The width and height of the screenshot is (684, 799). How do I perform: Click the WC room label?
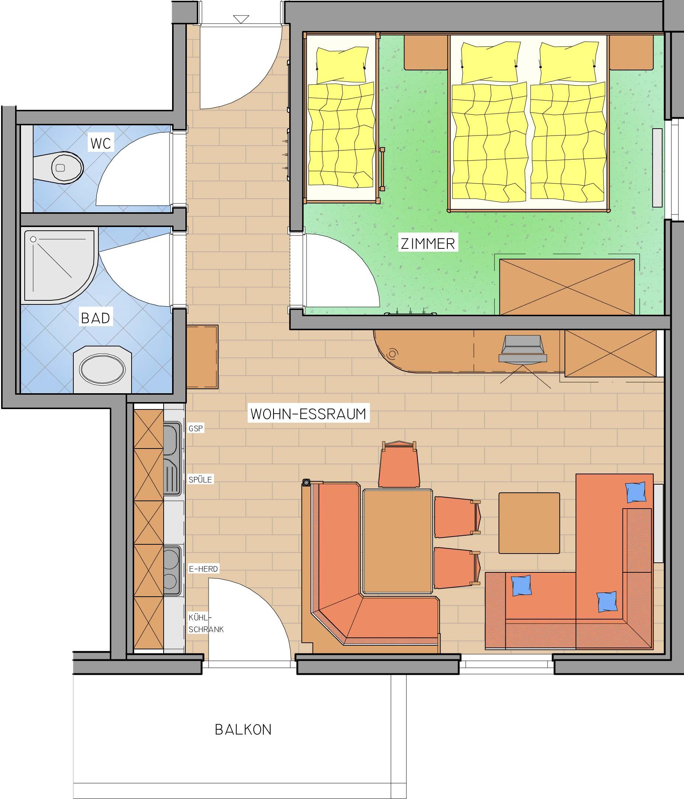pos(101,143)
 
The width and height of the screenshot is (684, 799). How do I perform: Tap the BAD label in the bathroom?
pos(95,318)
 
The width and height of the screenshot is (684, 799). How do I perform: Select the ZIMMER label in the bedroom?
pos(428,244)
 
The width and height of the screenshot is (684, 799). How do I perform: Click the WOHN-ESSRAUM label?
pos(308,414)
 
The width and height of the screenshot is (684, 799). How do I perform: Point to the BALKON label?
pos(243,730)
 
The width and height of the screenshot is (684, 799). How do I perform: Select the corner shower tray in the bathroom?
pos(59,266)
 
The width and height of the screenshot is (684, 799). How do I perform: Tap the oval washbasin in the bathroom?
pos(102,369)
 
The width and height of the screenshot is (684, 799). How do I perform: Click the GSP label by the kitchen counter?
pos(195,428)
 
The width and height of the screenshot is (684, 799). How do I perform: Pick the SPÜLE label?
pos(200,480)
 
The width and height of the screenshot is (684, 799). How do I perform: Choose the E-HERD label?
pos(203,569)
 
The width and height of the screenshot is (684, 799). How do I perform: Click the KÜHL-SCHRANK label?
pos(206,623)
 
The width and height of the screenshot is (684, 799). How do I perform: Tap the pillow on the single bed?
pos(342,64)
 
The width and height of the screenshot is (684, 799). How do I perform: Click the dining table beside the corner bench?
pos(398,541)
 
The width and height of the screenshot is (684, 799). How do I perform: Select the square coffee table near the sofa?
pos(529,523)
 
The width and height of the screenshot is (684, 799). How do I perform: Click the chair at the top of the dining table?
pos(399,465)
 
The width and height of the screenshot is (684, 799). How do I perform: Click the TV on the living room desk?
pos(523,349)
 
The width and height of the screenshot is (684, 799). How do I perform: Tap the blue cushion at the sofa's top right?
pos(636,492)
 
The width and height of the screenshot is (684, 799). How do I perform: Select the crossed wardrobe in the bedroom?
pos(567,287)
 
